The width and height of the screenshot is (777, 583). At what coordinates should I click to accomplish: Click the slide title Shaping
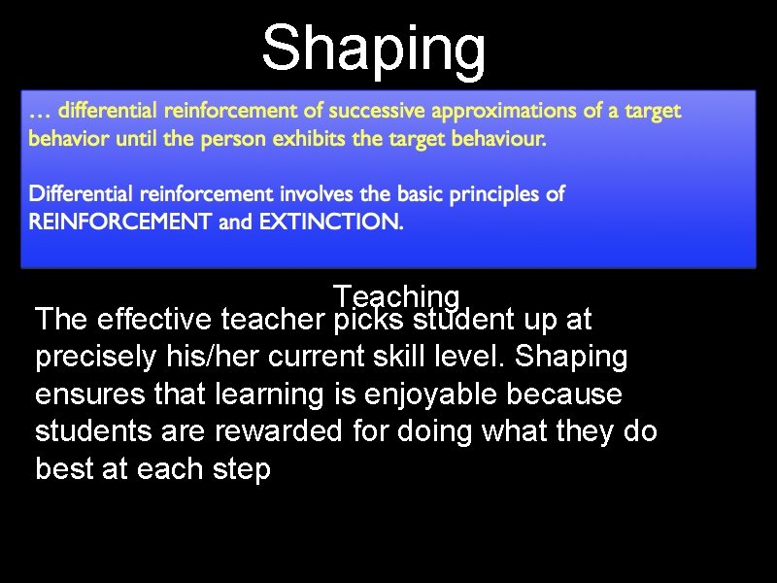click(374, 49)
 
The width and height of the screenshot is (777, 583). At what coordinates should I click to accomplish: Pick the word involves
click(310, 194)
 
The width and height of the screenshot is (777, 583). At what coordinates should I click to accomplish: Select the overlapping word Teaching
click(395, 294)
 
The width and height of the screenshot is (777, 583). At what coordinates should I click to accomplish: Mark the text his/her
click(228, 357)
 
